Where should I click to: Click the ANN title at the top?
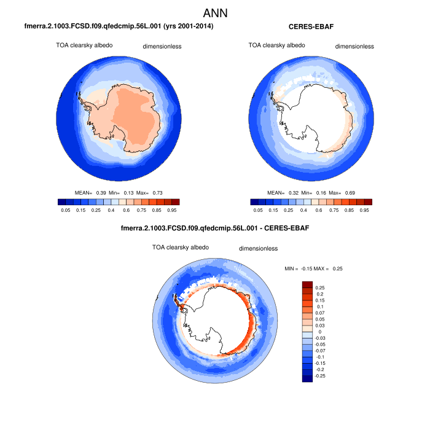pyautogui.click(x=215, y=12)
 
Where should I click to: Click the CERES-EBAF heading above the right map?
pyautogui.click(x=311, y=26)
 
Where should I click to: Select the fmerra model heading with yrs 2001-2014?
pyautogui.click(x=119, y=26)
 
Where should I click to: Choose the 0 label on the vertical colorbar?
pyautogui.click(x=319, y=331)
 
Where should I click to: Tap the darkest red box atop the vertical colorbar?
pyautogui.click(x=308, y=284)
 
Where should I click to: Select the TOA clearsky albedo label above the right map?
pyautogui.click(x=275, y=45)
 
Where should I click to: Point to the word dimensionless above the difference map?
pyautogui.click(x=258, y=249)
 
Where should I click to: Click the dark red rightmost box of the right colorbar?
pyautogui.click(x=368, y=201)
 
